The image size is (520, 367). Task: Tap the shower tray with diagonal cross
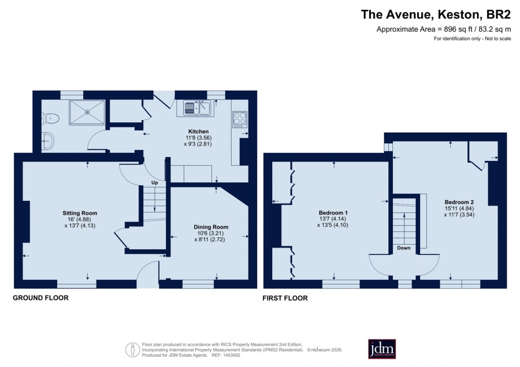coord(87,112)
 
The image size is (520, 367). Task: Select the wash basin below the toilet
coord(48,142)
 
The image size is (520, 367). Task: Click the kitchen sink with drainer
coord(198,108)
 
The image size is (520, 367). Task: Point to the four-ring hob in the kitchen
coord(240,119)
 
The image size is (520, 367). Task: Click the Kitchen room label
coord(198,132)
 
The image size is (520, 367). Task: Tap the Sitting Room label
coord(80,214)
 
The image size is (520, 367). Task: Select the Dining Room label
coord(211,227)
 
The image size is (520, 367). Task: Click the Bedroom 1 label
coord(333,213)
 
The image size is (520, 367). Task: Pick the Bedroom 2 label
coord(459,203)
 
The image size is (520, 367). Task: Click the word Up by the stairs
coord(154,183)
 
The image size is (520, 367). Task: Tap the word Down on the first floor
coord(404,248)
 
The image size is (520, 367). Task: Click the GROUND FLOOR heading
coord(41,298)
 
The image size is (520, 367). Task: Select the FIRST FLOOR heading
coord(285,298)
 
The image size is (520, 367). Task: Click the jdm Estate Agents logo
coord(382,349)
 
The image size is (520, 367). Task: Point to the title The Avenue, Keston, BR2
coord(436,14)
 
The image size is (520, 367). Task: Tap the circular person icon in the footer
coord(133,350)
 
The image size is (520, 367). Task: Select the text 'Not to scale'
coord(498,39)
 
